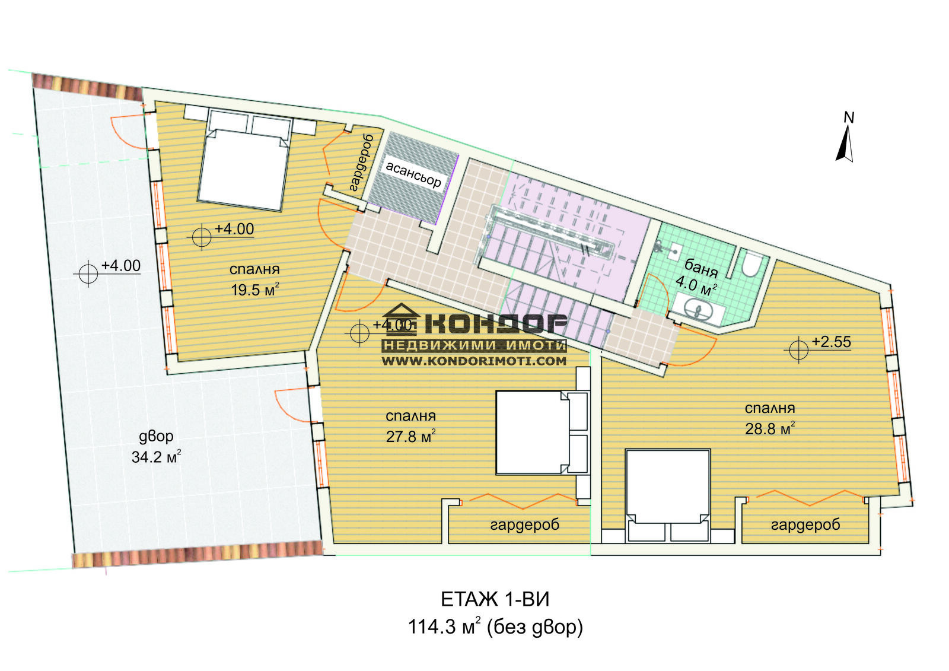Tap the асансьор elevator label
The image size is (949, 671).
pyautogui.click(x=413, y=174)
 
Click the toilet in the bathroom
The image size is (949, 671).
pyautogui.click(x=752, y=263)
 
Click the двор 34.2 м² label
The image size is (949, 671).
pyautogui.click(x=157, y=447)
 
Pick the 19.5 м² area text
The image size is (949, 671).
pyautogui.click(x=255, y=290)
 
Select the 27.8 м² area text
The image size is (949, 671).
pyautogui.click(x=411, y=436)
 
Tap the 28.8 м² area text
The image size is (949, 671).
pyautogui.click(x=770, y=428)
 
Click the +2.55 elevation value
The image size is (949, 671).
pyautogui.click(x=831, y=342)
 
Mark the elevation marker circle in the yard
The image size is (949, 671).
pyautogui.click(x=88, y=274)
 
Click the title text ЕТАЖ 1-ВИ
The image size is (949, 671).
pyautogui.click(x=495, y=600)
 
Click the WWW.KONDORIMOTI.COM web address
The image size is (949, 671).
pyautogui.click(x=474, y=361)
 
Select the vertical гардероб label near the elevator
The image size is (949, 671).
pyautogui.click(x=362, y=163)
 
